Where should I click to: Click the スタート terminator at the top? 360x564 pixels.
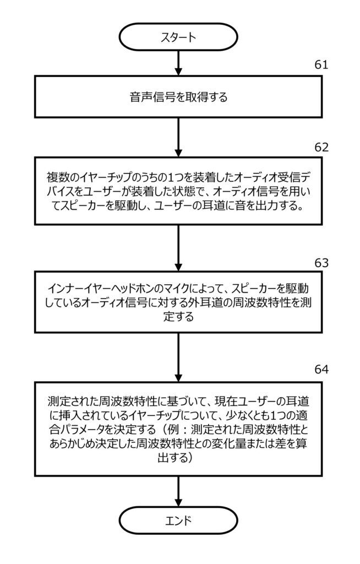pyautogui.click(x=178, y=37)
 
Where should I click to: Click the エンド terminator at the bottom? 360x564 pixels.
pyautogui.click(x=178, y=521)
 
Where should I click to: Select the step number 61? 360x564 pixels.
pyautogui.click(x=321, y=65)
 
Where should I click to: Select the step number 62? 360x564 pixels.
pyautogui.click(x=321, y=148)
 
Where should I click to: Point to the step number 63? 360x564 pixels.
pyautogui.click(x=321, y=263)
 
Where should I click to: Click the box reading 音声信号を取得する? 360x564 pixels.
pyautogui.click(x=178, y=97)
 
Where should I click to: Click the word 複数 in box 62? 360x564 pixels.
pyautogui.click(x=56, y=178)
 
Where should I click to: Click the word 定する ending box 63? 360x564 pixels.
pyautogui.click(x=178, y=318)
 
